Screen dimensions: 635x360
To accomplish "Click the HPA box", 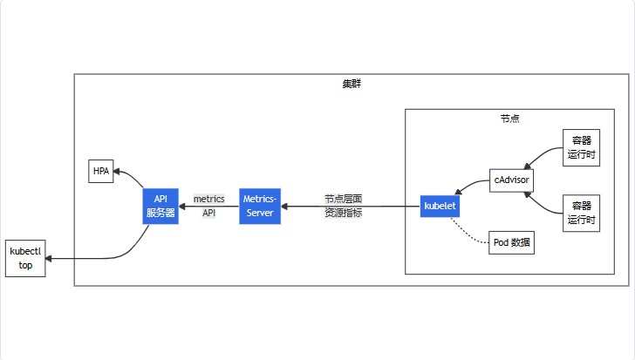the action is pos(101,171).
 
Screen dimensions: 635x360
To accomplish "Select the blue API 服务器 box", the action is pos(160,206).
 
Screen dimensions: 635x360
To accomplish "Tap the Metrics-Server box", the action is pos(260,206).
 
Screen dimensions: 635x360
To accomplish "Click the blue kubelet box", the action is pos(440,206).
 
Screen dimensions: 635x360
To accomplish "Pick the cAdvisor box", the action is pos(511,180).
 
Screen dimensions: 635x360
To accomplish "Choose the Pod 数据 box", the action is pos(511,242).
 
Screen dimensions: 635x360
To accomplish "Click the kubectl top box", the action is pos(25,258).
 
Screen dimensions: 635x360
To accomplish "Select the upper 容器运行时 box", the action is pos(581,147).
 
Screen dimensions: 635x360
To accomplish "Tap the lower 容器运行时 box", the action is pos(581,214).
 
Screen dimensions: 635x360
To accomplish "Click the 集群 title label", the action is pos(352,84).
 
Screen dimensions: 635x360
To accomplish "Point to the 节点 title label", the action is pos(509,119).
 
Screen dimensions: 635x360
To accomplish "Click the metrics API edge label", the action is pos(209,206).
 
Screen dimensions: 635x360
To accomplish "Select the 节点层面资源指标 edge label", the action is pos(343,206).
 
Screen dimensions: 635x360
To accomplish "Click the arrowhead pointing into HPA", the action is pos(117,172).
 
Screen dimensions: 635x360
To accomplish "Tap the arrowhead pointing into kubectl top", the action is pos(49,259).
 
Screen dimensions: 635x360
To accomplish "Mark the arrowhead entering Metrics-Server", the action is pos(283,207).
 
